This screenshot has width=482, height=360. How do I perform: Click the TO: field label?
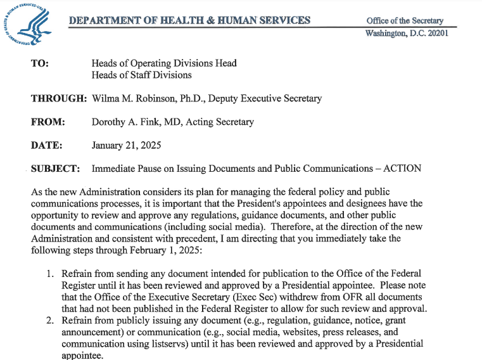pos(40,63)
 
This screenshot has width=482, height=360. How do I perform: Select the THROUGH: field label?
pos(58,98)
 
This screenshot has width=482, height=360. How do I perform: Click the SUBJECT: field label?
pos(55,169)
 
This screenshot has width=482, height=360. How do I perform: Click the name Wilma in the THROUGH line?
pos(106,98)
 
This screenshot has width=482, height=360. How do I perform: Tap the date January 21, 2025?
pos(126,145)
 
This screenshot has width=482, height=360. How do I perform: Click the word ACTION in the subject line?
pos(403,169)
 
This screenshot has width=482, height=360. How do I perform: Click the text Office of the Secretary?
pos(405,20)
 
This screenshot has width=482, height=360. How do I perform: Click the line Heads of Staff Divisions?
pos(141,75)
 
